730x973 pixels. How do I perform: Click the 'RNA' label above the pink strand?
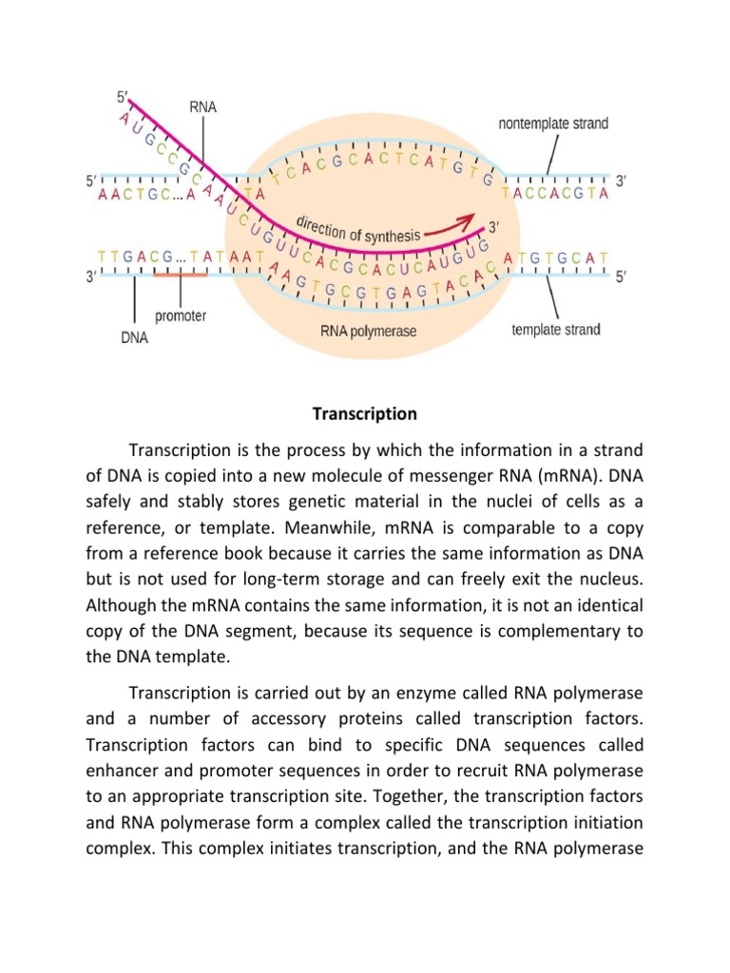click(x=202, y=108)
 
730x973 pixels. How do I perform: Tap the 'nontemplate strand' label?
click(x=553, y=124)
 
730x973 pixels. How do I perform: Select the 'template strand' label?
click(x=556, y=330)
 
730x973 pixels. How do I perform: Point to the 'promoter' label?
click(x=181, y=315)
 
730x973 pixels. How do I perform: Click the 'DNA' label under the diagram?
click(x=134, y=336)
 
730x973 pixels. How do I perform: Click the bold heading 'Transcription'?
click(x=365, y=413)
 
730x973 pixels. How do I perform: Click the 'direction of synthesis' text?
click(x=358, y=229)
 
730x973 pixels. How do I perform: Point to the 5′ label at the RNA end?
click(x=120, y=96)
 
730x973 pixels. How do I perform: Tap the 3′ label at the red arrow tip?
click(x=493, y=227)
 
